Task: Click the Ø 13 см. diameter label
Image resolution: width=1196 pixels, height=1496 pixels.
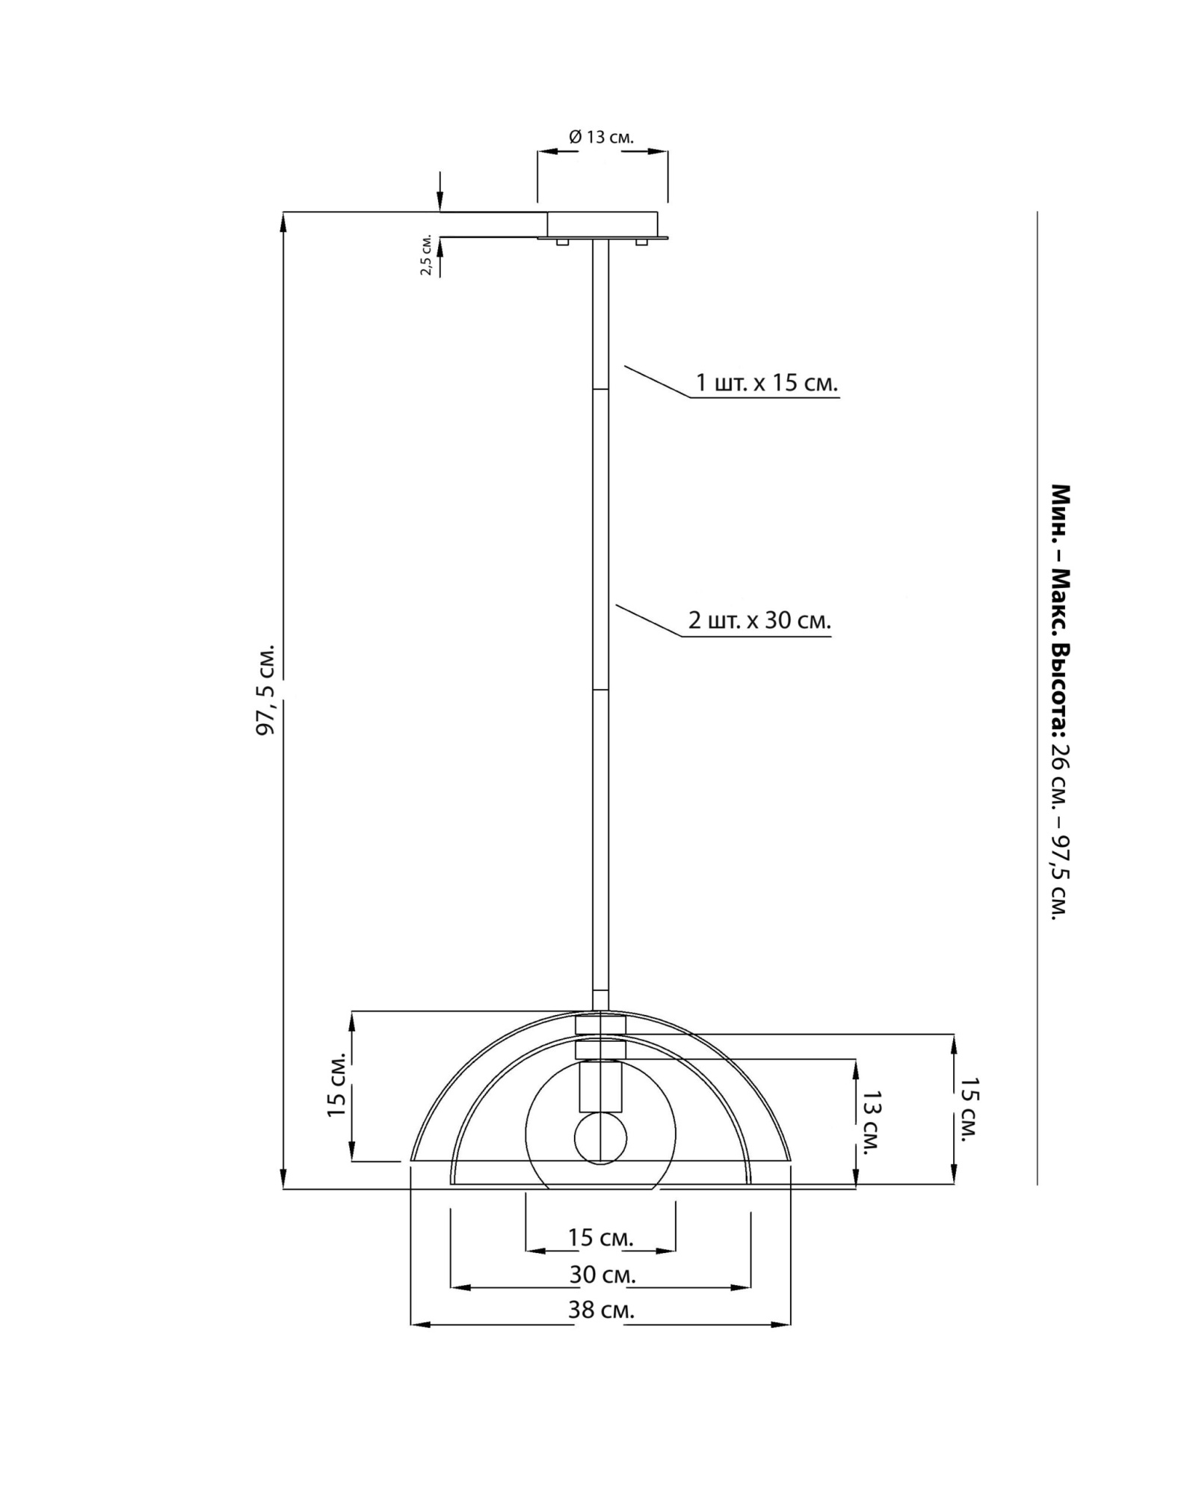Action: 600,137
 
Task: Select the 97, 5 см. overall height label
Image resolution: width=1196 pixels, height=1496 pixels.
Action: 266,689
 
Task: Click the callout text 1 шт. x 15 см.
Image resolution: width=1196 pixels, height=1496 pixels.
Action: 766,382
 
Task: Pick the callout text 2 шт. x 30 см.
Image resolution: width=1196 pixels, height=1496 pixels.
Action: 759,620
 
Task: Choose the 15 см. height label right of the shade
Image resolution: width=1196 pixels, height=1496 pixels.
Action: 969,1109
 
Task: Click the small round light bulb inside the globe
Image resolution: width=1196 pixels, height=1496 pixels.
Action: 600,1138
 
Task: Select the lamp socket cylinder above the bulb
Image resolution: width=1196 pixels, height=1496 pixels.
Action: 600,1087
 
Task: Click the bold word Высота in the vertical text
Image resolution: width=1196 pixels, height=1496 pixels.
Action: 1061,688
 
